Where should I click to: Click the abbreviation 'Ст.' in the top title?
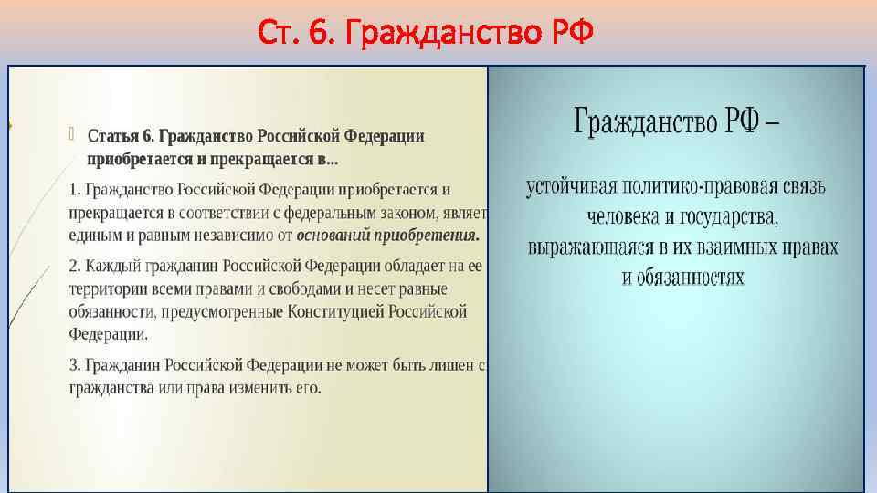(279, 33)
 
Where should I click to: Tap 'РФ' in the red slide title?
(572, 33)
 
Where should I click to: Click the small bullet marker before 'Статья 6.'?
(74, 135)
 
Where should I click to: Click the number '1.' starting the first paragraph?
(75, 191)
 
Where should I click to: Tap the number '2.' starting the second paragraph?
(76, 267)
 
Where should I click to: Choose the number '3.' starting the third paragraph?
(76, 364)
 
